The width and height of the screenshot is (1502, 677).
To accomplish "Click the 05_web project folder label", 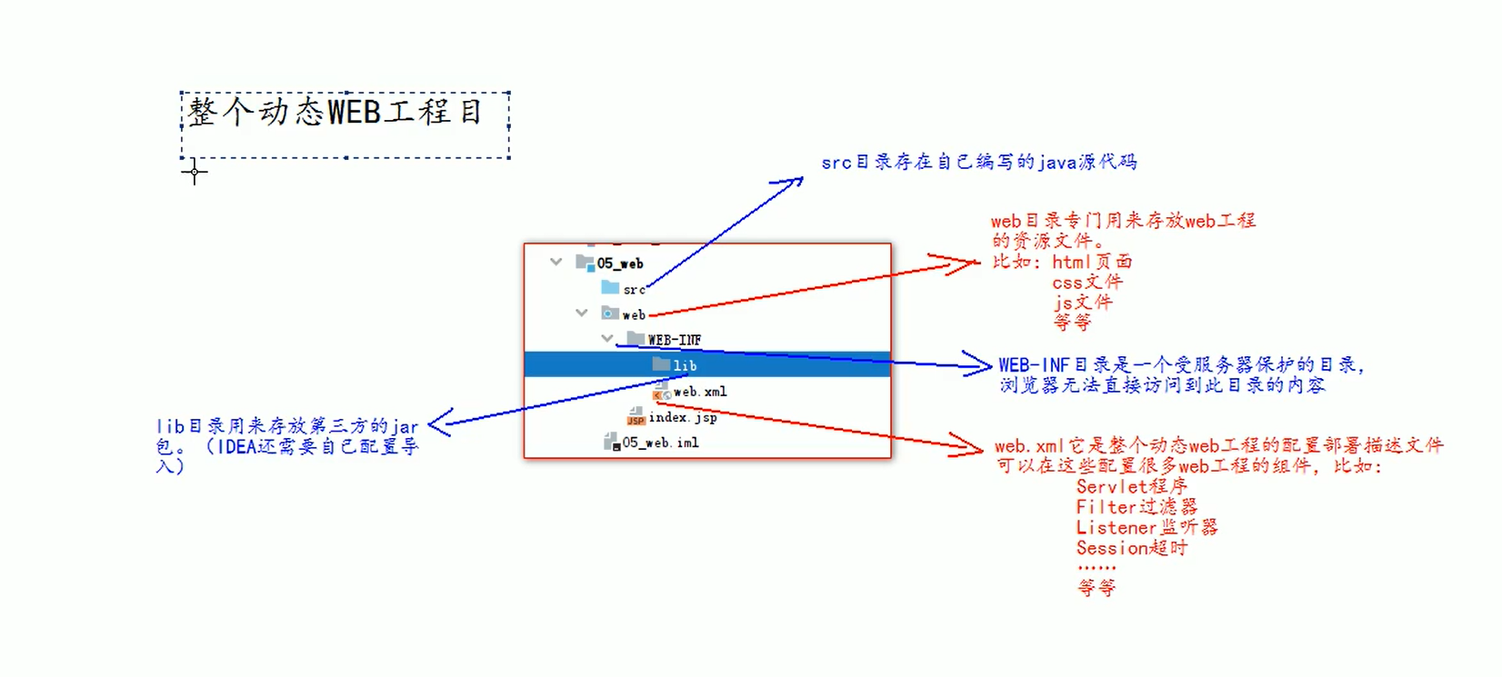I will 619,264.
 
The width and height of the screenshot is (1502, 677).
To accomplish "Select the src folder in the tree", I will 634,289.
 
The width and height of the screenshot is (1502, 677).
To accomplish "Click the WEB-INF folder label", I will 674,340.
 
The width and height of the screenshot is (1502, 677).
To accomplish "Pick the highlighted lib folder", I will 685,365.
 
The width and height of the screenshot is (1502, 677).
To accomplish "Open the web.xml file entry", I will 699,392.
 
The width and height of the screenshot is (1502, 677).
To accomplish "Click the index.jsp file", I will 682,417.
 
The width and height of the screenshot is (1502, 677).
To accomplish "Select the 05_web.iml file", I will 660,443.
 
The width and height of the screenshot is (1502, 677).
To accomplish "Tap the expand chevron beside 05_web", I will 556,262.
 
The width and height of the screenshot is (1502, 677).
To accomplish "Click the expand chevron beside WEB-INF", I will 607,338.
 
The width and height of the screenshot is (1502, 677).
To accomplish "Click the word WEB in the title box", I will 354,113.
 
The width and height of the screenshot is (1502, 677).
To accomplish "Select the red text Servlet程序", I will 1131,486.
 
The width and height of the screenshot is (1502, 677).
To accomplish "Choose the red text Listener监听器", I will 1146,527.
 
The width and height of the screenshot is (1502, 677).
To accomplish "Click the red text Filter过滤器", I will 1136,507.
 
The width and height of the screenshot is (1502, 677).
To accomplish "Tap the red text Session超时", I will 1131,548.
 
